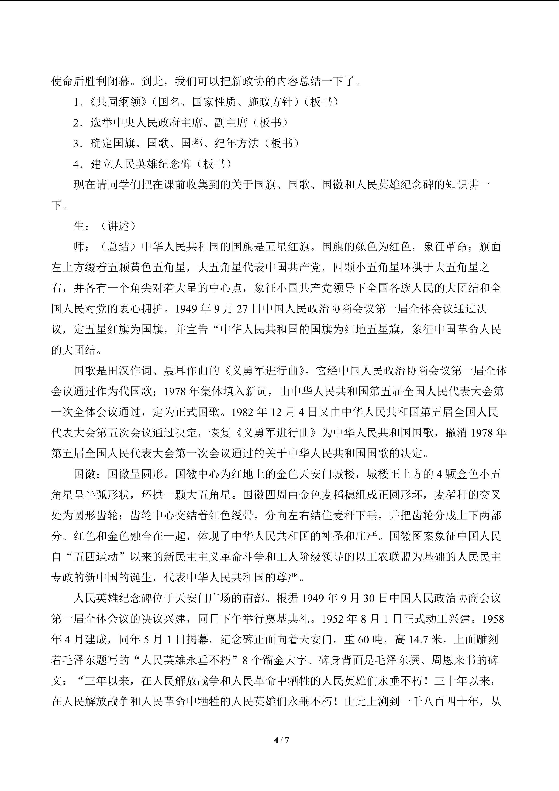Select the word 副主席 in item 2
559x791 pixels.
(x=231, y=122)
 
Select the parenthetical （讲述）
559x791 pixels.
(x=118, y=226)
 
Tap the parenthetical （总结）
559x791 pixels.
(x=118, y=247)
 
